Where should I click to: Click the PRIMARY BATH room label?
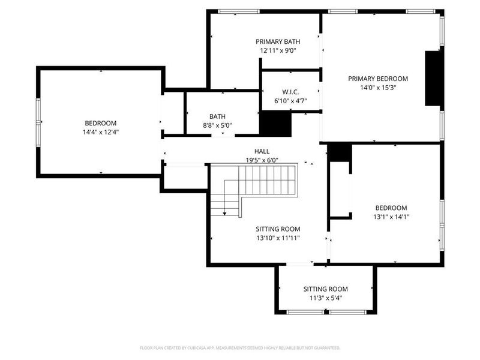[x=278, y=41]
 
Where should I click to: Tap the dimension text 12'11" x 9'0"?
[x=278, y=50]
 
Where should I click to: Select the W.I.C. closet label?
[x=290, y=92]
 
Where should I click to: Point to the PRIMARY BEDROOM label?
[x=378, y=79]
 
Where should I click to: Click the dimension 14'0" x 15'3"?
[x=378, y=88]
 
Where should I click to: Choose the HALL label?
[x=262, y=152]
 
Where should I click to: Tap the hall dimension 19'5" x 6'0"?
[x=262, y=160]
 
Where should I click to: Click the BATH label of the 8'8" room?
[x=217, y=116]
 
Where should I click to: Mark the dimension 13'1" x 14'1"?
[x=391, y=217]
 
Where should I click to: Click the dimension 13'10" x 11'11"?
[x=278, y=238]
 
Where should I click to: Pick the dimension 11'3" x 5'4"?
[x=325, y=298]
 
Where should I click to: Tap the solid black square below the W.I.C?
[x=275, y=125]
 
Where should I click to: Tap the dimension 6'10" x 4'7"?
[x=290, y=101]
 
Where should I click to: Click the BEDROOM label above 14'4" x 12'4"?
[x=100, y=123]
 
